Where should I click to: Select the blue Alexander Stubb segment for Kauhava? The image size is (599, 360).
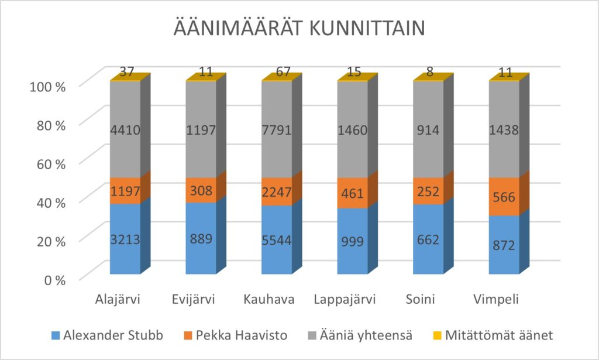click(x=276, y=240)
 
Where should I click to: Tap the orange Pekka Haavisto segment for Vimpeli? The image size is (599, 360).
click(x=504, y=197)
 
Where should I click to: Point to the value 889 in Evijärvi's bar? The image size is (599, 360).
click(x=201, y=239)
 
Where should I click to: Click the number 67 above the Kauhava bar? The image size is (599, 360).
click(x=276, y=72)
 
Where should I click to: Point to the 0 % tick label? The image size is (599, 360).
click(x=51, y=279)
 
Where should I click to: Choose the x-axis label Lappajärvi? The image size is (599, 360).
click(x=352, y=300)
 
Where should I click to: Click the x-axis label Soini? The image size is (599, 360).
click(x=428, y=300)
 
